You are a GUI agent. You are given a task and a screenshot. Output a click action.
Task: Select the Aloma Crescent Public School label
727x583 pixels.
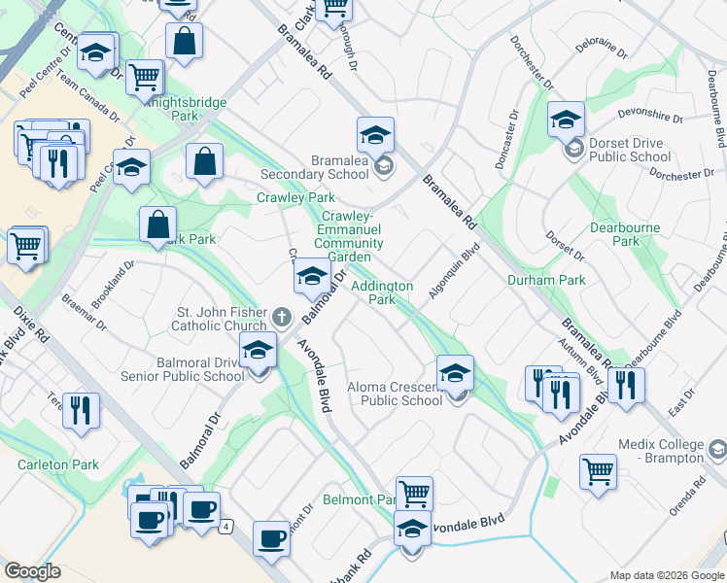click(395, 394)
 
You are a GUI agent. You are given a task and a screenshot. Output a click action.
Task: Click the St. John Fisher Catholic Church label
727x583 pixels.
click(221, 319)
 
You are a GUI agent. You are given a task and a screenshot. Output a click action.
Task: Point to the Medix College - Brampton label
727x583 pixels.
click(661, 451)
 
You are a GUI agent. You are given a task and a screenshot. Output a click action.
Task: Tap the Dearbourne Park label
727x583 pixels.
click(625, 234)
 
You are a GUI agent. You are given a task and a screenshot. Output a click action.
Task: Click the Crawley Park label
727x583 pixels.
click(295, 197)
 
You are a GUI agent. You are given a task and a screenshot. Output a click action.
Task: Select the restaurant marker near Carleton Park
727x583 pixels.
click(81, 410)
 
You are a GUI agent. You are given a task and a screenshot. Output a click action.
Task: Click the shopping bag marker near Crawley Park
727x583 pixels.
click(205, 162)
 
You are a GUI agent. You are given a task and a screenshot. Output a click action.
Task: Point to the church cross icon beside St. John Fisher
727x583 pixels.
click(281, 316)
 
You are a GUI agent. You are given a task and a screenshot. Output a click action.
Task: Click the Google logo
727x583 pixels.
click(33, 571)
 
